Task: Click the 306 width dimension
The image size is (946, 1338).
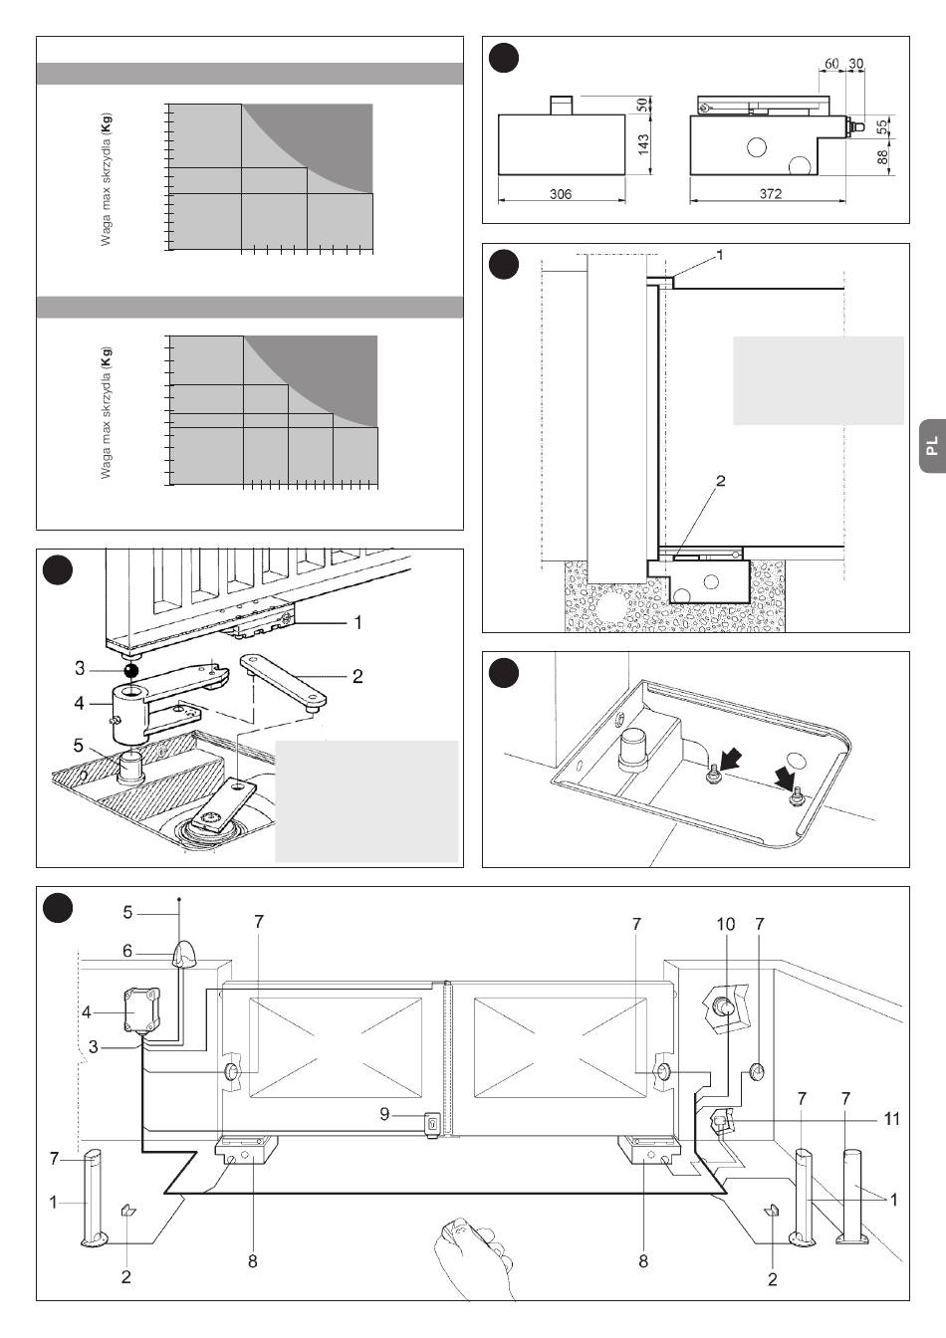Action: point(561,194)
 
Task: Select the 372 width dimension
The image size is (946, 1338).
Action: point(770,194)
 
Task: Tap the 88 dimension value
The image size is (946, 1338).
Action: point(883,156)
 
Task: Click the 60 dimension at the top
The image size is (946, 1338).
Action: point(832,63)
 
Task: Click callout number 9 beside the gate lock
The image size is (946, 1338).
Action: point(384,1114)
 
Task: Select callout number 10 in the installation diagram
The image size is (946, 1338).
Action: point(725,924)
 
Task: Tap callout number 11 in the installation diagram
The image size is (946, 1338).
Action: point(891,1119)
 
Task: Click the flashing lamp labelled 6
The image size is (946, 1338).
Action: point(184,956)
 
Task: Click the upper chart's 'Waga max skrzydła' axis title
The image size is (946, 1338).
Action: point(107,179)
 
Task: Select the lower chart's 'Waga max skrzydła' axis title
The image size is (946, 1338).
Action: point(107,412)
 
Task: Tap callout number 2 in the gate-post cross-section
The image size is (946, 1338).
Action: point(720,481)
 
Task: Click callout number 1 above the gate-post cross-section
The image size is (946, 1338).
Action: point(720,255)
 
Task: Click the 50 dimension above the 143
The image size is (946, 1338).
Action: point(643,104)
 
